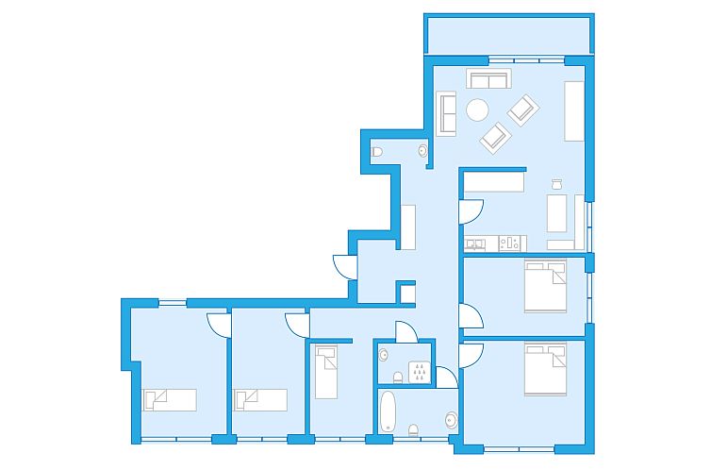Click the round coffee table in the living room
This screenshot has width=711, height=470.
click(x=479, y=110)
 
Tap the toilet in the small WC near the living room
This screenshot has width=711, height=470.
click(x=377, y=152)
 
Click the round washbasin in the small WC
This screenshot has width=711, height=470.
click(x=422, y=150)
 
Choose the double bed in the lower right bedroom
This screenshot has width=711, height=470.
click(x=547, y=369)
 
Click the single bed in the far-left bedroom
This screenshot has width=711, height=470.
click(x=170, y=399)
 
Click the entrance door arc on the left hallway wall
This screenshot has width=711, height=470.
click(x=343, y=267)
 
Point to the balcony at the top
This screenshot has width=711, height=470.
click(x=509, y=36)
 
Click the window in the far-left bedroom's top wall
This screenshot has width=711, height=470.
click(x=172, y=302)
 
